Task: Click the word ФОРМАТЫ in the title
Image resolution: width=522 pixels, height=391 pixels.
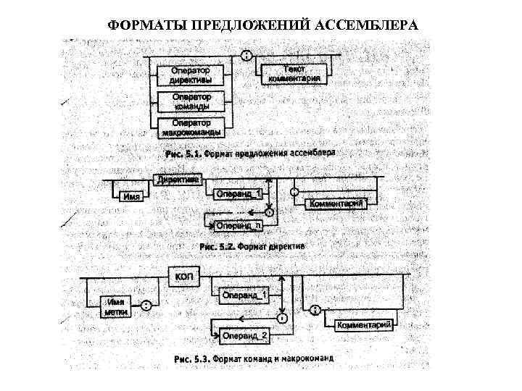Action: tap(140, 25)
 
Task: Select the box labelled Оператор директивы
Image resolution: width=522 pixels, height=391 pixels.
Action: tap(191, 75)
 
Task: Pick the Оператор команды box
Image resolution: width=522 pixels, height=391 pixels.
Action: tap(191, 101)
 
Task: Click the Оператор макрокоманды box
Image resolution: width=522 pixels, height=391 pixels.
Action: tap(191, 127)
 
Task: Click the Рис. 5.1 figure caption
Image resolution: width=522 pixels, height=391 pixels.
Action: tap(249, 154)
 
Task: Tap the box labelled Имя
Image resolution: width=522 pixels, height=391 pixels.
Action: tap(132, 195)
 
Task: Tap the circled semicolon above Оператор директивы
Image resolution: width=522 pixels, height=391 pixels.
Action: tap(246, 56)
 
